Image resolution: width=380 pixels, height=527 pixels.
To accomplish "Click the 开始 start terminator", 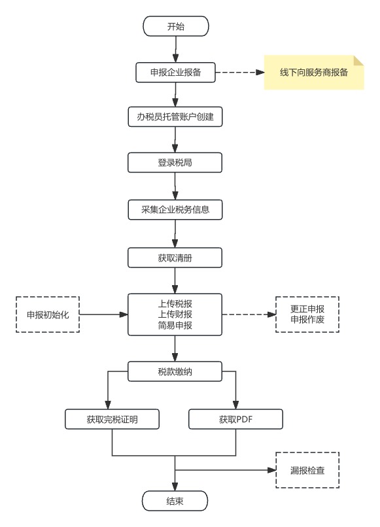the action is click(x=176, y=26).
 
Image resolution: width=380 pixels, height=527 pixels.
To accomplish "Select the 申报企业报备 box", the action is click(x=175, y=73).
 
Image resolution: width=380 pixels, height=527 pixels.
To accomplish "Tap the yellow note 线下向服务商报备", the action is click(x=314, y=73).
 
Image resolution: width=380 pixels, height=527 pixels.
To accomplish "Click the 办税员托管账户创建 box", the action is click(x=175, y=116).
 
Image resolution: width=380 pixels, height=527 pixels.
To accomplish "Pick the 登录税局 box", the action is click(x=175, y=163).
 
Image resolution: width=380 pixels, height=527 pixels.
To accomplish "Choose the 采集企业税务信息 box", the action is click(x=175, y=210).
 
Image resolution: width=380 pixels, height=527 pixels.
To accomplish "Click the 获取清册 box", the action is click(x=175, y=258).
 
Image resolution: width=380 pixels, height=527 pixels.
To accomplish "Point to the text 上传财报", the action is click(x=175, y=314).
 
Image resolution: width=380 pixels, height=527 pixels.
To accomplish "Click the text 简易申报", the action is click(x=175, y=325).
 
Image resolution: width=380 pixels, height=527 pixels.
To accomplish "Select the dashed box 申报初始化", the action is click(x=48, y=314).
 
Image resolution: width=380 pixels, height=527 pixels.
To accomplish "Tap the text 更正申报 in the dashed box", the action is click(x=307, y=309).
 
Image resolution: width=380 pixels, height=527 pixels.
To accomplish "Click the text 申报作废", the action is click(x=307, y=320).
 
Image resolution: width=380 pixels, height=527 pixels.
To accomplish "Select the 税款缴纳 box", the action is click(x=175, y=371).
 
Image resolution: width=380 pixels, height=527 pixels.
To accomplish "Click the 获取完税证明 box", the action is click(x=112, y=419).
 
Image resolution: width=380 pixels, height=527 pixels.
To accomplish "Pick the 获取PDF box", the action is click(x=235, y=419).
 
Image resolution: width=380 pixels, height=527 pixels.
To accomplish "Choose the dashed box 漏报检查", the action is click(x=307, y=470).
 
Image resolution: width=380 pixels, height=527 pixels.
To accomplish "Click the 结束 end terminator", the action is click(x=175, y=501).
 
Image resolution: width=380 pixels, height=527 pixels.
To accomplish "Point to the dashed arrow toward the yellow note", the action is click(x=240, y=73).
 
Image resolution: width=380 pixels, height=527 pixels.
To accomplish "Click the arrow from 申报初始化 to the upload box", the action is click(x=103, y=314).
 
